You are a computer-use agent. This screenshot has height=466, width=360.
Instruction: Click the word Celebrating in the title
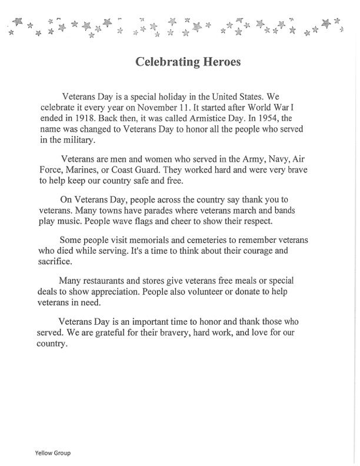point(163,62)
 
